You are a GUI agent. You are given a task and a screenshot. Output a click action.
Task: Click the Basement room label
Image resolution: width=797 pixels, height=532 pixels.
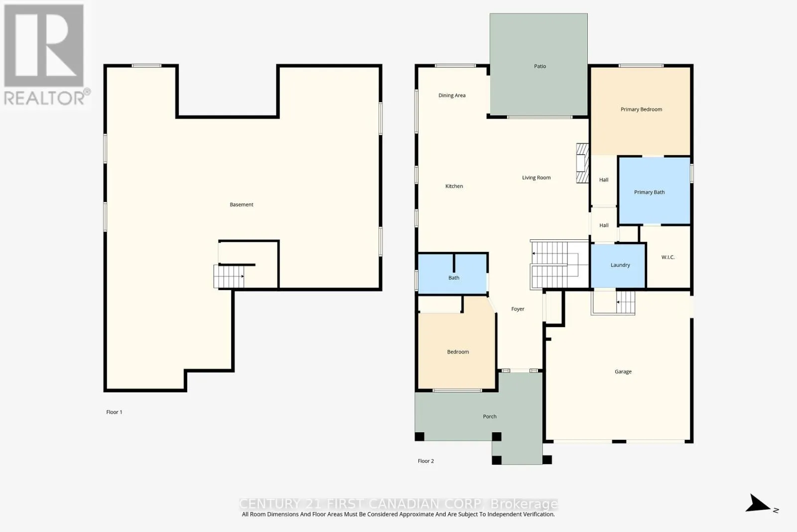[241, 204]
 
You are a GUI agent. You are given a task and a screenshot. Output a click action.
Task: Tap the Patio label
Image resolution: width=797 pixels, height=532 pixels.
[540, 66]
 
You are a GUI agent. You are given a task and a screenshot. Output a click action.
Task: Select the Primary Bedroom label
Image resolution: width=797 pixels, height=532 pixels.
[641, 109]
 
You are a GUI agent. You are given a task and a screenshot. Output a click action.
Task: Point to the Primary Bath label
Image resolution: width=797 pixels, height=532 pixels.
[650, 192]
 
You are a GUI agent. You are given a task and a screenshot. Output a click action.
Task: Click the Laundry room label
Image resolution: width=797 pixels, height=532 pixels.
[620, 265]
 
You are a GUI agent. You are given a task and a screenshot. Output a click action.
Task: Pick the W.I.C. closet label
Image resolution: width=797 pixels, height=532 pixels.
[668, 257]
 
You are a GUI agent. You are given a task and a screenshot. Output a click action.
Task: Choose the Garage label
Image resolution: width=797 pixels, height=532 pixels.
[623, 372]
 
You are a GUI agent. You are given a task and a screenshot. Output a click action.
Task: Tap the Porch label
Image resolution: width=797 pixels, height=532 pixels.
[490, 416]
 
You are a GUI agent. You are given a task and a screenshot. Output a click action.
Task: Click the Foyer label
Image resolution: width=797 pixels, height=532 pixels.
[518, 309]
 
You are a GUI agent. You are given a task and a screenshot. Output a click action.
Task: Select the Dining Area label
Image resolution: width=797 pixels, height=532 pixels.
[452, 95]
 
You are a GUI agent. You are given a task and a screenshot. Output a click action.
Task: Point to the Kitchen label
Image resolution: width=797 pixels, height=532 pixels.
[454, 186]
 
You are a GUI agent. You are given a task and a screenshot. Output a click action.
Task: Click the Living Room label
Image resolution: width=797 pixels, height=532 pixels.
[536, 177]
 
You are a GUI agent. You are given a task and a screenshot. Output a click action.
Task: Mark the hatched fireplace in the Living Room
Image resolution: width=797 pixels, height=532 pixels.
[582, 163]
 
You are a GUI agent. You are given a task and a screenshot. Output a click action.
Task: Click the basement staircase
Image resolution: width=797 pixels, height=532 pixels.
[229, 276]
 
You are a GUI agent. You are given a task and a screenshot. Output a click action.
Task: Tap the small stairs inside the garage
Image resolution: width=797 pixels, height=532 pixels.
[625, 302]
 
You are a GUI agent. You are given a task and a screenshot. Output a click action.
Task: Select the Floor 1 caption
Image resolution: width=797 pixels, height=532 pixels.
[114, 412]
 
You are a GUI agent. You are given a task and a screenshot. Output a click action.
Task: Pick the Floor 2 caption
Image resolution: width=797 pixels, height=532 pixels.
[425, 461]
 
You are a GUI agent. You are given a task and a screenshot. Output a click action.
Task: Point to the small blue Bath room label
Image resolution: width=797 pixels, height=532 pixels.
[454, 278]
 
